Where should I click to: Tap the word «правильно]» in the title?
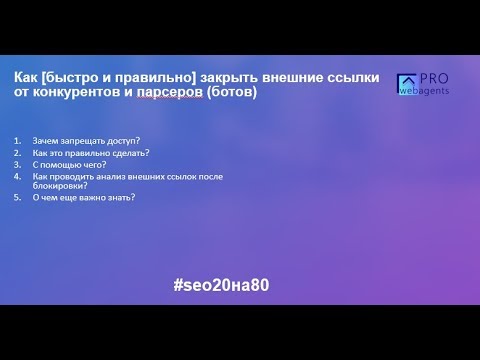pos(145,77)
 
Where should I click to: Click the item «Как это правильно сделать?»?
pos(90,152)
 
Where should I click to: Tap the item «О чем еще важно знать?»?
pos(83,197)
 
